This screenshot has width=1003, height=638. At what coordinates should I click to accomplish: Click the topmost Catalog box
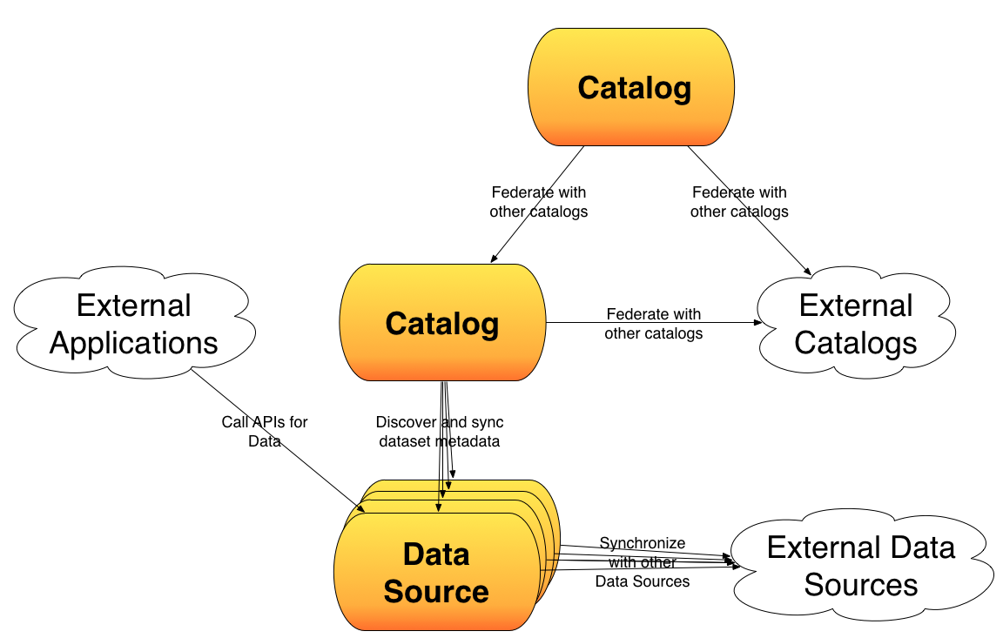(x=630, y=87)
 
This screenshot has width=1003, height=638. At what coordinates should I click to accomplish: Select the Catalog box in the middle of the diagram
(x=442, y=322)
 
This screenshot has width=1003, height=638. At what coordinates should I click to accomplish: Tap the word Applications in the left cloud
(x=134, y=343)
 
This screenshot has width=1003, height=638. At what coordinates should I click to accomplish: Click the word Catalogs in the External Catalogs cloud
(x=855, y=343)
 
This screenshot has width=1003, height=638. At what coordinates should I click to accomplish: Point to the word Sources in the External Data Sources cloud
(x=860, y=584)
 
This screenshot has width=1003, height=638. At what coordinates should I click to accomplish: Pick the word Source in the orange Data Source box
(x=436, y=591)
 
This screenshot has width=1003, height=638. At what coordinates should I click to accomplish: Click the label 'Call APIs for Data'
(x=264, y=432)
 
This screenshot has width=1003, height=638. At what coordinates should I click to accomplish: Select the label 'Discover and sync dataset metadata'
(x=440, y=432)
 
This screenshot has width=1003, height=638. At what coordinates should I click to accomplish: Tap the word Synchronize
(x=643, y=543)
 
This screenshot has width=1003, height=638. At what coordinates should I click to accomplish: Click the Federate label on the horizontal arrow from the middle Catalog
(x=653, y=324)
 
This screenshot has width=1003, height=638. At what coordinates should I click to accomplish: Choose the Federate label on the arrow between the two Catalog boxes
(x=539, y=202)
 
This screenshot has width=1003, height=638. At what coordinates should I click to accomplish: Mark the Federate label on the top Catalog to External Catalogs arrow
(x=739, y=202)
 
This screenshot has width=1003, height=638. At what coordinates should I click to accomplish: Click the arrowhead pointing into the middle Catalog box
(x=493, y=259)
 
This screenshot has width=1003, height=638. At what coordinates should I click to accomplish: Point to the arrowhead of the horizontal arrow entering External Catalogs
(x=758, y=322)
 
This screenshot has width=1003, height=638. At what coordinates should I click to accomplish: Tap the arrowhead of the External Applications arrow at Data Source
(x=361, y=508)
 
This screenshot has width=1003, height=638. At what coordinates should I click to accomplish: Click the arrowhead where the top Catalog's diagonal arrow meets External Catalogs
(x=808, y=272)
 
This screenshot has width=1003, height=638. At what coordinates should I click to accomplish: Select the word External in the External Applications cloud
(x=134, y=306)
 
